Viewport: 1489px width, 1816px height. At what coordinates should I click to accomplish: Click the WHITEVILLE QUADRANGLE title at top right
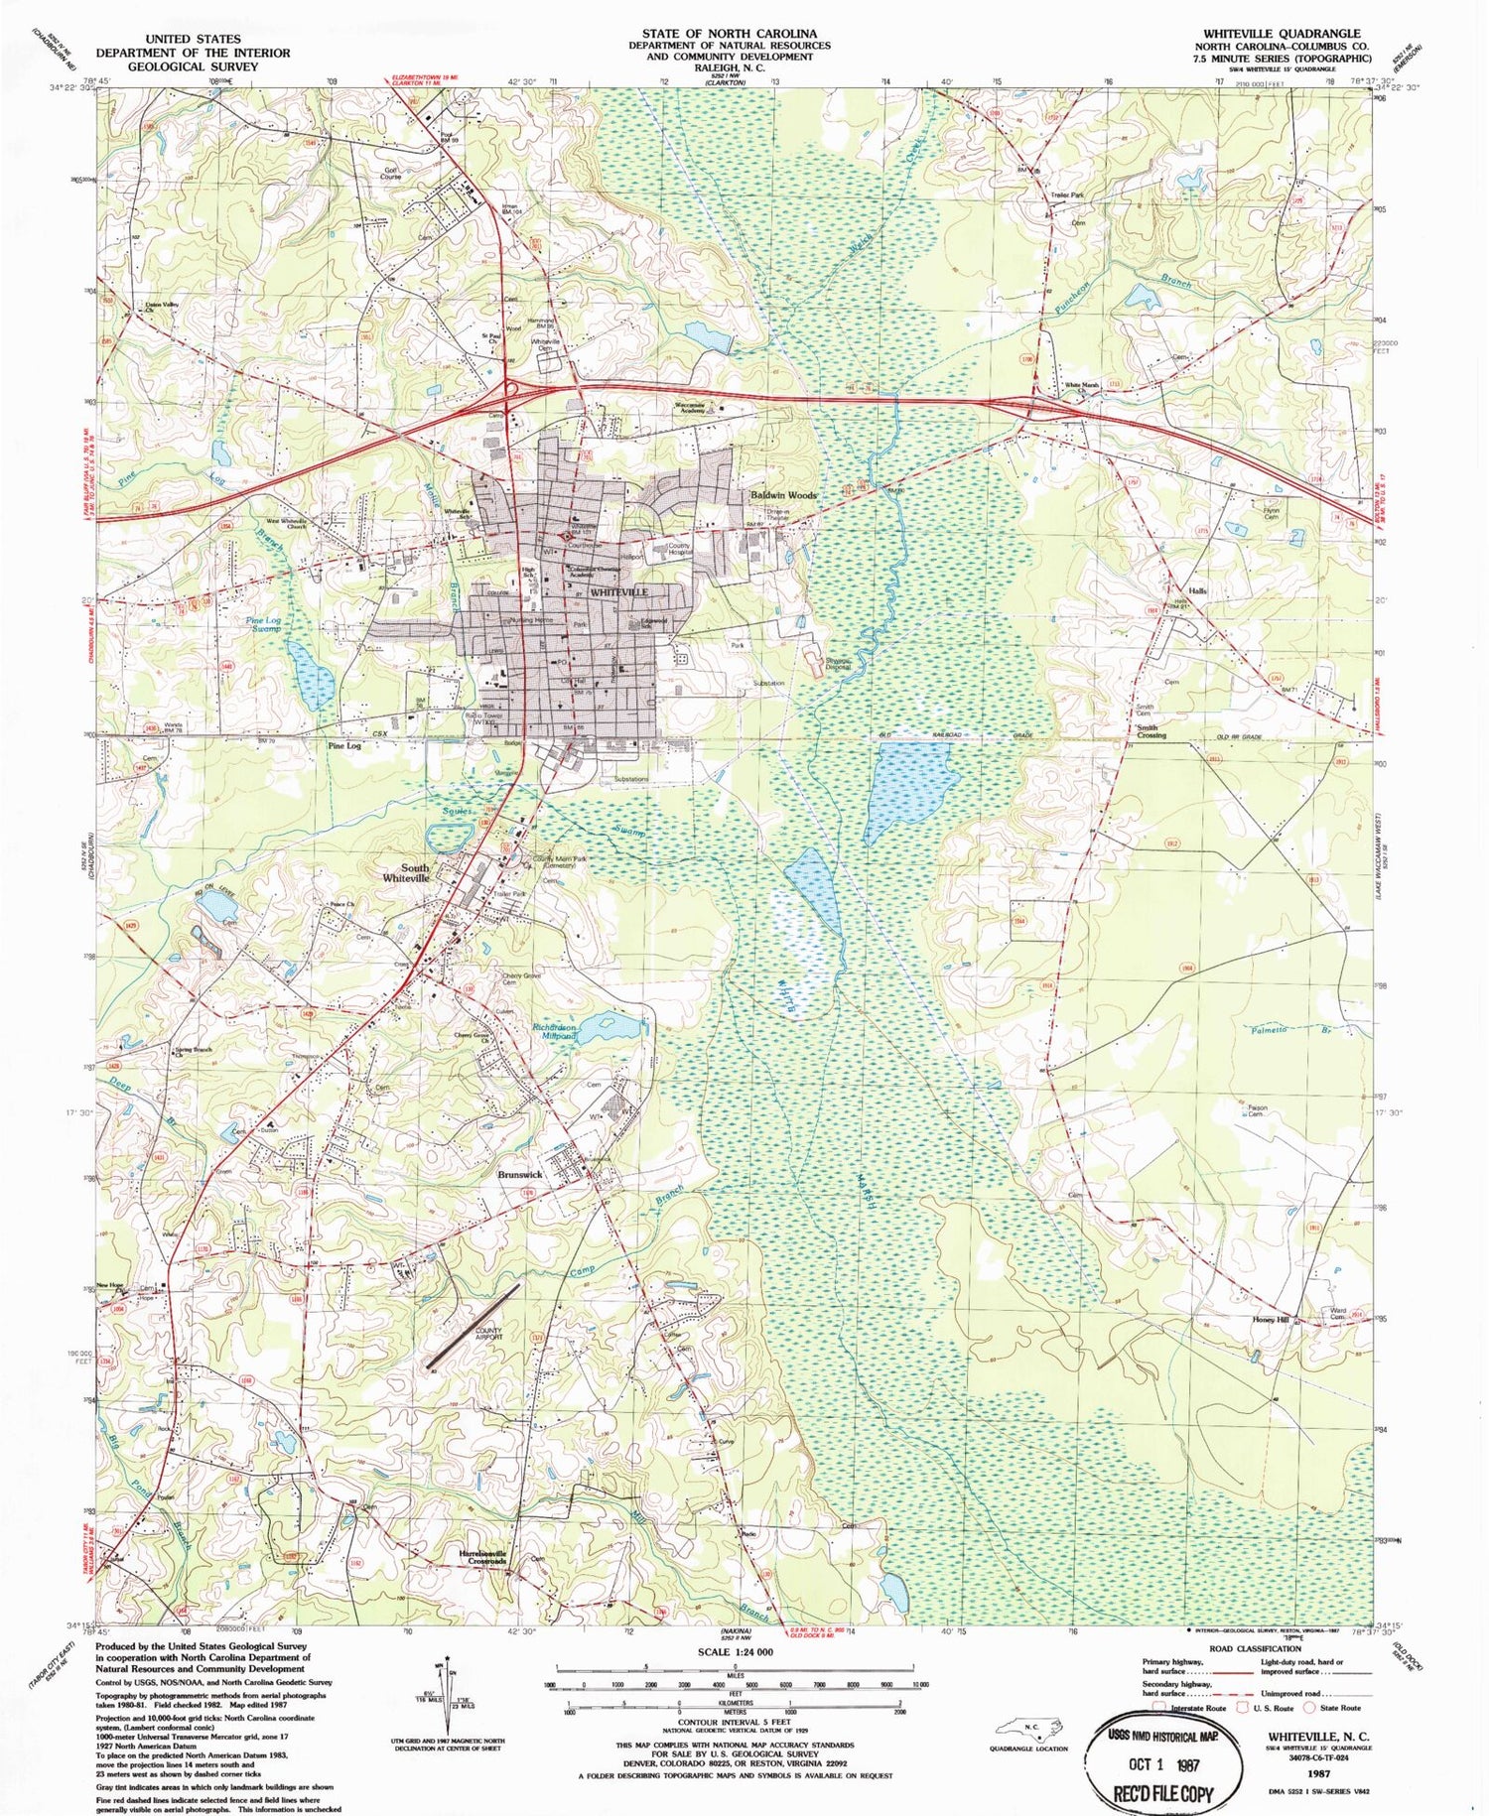[x=1282, y=34]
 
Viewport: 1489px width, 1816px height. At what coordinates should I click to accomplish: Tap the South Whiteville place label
[x=407, y=873]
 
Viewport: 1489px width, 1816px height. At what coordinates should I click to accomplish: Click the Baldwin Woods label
[x=783, y=494]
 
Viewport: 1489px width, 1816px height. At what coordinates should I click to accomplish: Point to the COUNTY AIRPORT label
[x=488, y=1334]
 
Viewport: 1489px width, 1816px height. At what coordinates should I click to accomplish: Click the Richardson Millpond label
[x=554, y=1031]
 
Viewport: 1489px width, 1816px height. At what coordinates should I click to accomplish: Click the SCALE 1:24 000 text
[x=735, y=1651]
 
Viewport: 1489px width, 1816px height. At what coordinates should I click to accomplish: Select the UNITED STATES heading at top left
[x=193, y=39]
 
